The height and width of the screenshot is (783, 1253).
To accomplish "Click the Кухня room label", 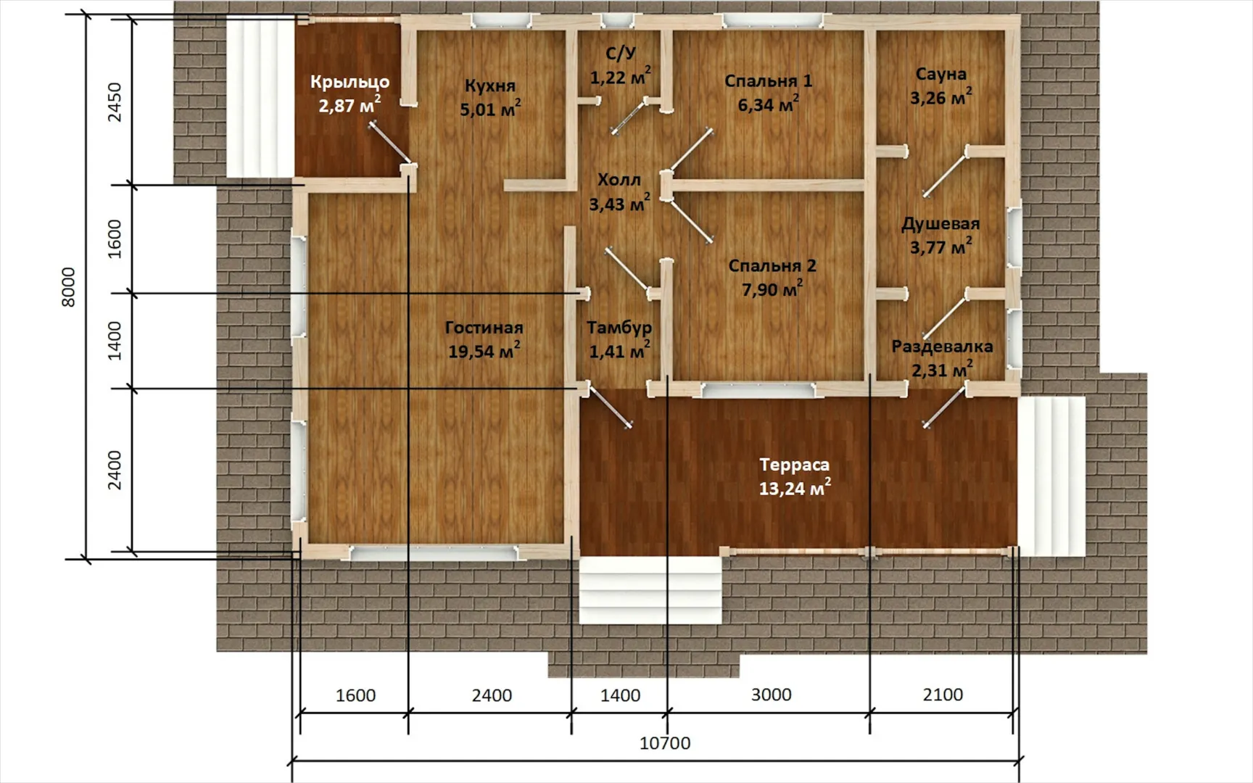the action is point(490,86).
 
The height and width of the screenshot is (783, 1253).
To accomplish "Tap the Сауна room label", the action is point(940,74).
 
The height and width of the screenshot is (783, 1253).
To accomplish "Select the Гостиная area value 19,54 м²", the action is point(484,351).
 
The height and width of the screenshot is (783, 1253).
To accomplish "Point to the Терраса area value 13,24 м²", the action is point(795,488).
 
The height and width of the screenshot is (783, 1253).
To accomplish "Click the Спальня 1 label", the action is point(769,80).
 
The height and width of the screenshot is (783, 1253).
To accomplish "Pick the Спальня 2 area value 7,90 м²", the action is point(772,289).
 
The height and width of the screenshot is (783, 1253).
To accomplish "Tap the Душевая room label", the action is point(940,224).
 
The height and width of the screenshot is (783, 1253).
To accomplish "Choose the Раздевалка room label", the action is point(942,347).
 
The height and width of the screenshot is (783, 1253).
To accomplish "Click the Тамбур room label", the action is point(619,328).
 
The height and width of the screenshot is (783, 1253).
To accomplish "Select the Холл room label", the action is point(619,180).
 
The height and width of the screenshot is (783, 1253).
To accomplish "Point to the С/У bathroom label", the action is point(621,53).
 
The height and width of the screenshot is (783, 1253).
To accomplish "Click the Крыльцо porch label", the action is point(350,82).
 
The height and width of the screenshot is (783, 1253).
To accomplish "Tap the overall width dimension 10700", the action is point(665,743).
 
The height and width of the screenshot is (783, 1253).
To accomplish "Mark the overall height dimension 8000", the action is point(68,287).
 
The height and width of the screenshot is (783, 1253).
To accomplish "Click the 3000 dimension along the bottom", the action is point(771,695).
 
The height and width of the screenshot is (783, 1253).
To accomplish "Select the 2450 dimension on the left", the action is point(115,102).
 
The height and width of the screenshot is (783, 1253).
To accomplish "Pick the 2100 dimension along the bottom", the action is point(943,695).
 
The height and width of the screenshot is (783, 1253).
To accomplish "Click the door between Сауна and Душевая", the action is point(946,171).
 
